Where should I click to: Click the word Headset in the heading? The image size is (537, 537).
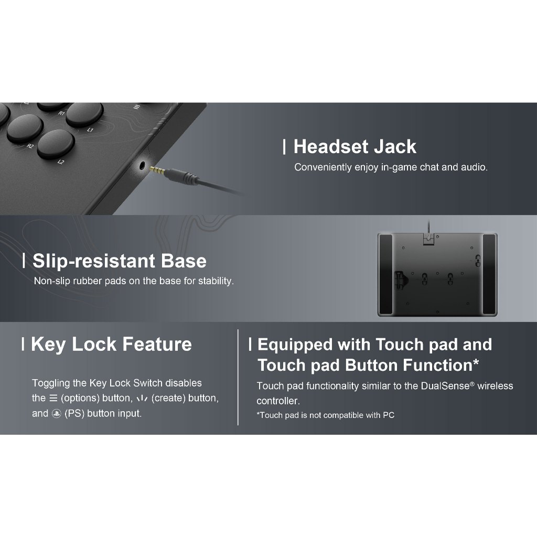[x=330, y=147]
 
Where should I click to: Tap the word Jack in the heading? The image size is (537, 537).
[x=395, y=147]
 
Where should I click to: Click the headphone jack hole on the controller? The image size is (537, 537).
[x=143, y=166]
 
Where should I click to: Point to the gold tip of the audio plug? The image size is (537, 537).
[x=157, y=169]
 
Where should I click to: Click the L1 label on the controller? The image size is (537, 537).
[x=90, y=130]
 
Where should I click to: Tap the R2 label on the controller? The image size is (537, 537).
[x=30, y=146]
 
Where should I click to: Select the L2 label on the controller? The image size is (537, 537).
[x=61, y=162]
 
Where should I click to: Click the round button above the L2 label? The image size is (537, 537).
[x=56, y=144]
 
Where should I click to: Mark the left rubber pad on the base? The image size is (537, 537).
[x=386, y=274]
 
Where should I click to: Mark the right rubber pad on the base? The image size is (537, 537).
[x=489, y=274]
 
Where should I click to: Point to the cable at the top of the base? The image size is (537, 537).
[x=428, y=227]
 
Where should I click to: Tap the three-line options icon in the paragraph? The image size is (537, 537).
[x=53, y=399]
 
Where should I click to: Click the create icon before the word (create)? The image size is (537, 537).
[x=142, y=399]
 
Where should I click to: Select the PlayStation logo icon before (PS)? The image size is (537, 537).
[x=56, y=414]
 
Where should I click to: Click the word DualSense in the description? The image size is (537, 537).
[x=445, y=386]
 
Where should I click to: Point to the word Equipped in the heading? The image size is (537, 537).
[x=295, y=345]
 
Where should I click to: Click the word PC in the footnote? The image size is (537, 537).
[x=389, y=415]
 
